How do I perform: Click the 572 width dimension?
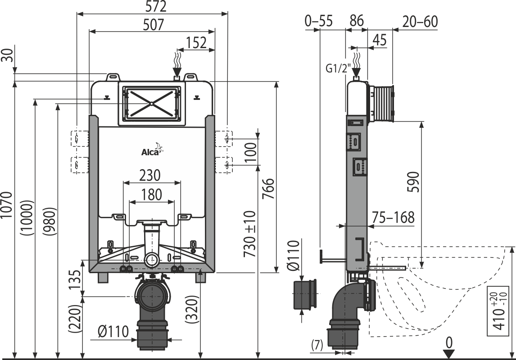pyautogui.click(x=154, y=7)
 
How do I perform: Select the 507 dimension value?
pyautogui.click(x=153, y=25)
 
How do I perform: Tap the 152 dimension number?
pyautogui.click(x=196, y=43)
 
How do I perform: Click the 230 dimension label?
pyautogui.click(x=150, y=175)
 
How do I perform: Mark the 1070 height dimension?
pyautogui.click(x=7, y=204)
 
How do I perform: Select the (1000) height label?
pyautogui.click(x=27, y=218)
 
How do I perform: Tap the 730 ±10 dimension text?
pyautogui.click(x=250, y=234)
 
